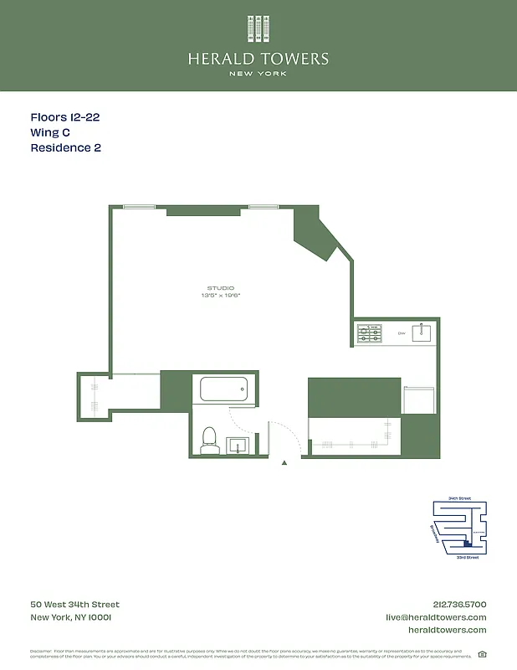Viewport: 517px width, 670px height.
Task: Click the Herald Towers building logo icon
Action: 258,28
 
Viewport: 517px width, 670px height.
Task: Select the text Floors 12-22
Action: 65,118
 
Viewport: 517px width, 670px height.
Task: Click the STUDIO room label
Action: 222,288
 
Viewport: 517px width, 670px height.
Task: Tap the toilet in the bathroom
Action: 210,440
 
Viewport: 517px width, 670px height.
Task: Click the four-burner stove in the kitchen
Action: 370,333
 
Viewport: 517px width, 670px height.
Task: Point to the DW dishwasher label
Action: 402,334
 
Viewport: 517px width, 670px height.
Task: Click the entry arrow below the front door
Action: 284,462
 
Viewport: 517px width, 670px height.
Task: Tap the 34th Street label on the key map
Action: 459,498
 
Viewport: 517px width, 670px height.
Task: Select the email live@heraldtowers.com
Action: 436,617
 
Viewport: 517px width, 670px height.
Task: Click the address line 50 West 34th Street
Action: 74,605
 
